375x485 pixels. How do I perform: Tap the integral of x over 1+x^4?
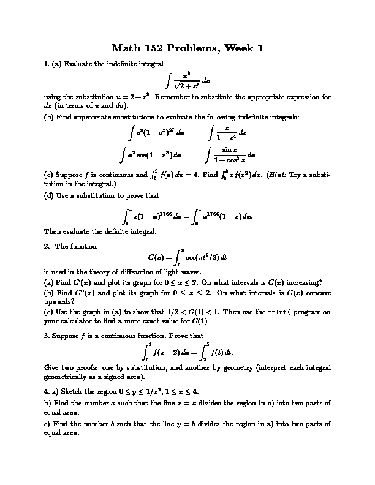tap(227, 132)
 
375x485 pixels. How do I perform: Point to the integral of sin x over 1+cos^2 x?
tap(230, 155)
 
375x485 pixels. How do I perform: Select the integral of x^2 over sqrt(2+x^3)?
tap(187, 80)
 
